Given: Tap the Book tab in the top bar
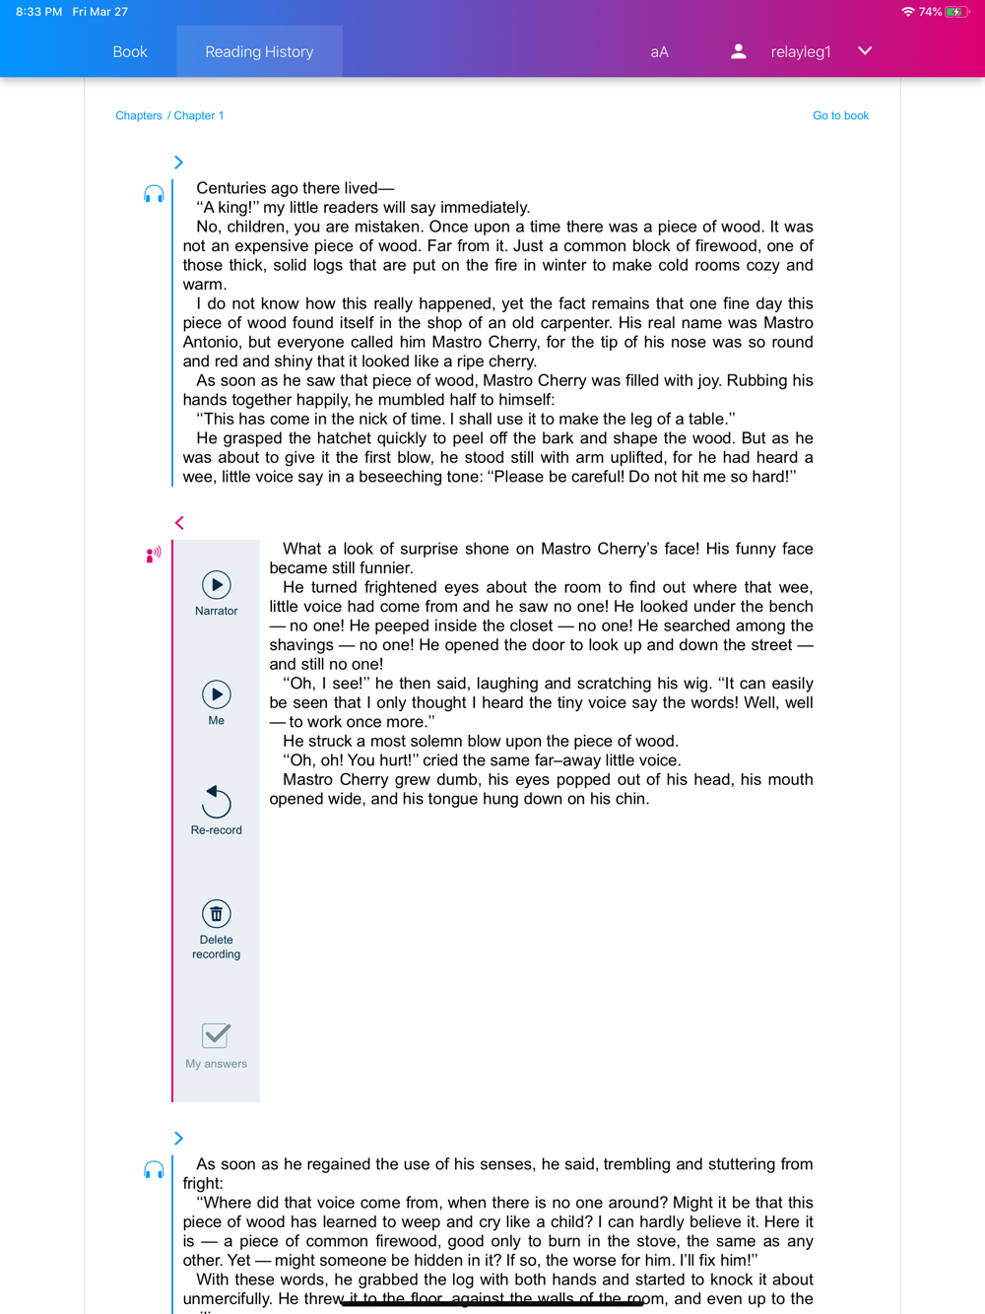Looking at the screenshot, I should click(130, 52).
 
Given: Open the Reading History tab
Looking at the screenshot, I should click(259, 52).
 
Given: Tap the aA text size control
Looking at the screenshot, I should click(659, 52).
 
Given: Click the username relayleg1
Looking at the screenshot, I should click(800, 52).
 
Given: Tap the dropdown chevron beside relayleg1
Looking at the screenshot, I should click(865, 51).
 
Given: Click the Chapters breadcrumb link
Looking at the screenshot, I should click(139, 116).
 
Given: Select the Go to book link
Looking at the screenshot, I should click(840, 116).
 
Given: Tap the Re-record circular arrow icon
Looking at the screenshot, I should click(216, 802).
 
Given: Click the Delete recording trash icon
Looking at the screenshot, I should click(217, 914).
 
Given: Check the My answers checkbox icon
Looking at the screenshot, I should click(216, 1035).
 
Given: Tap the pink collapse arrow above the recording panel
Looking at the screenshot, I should click(179, 523).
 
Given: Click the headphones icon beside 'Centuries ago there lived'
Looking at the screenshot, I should click(154, 194).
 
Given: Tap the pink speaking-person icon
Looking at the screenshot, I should click(154, 556).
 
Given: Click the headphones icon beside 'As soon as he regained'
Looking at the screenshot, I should click(154, 1170).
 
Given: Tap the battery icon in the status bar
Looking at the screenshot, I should click(954, 12).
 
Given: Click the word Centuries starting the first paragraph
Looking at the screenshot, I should click(231, 188).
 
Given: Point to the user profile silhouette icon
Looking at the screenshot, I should click(738, 52).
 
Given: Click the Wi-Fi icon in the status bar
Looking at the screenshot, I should click(907, 12).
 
